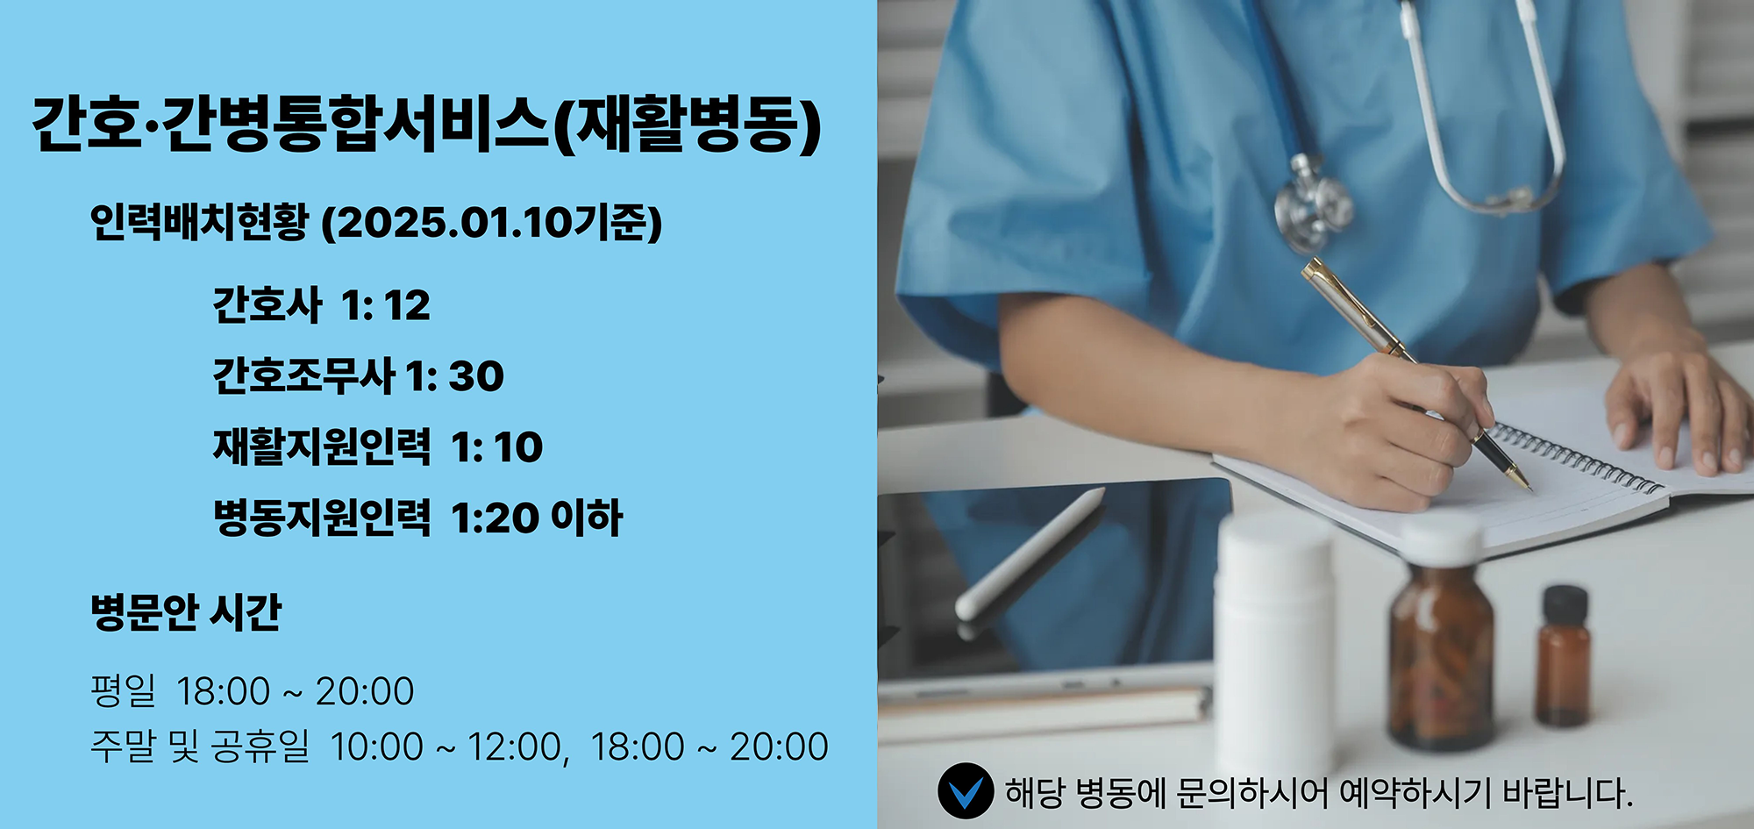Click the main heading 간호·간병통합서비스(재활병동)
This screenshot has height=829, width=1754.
[x=426, y=125]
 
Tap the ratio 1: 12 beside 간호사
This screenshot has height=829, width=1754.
[x=386, y=305]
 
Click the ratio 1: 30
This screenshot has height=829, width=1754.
[x=454, y=376]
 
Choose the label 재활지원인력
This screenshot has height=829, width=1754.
[x=322, y=447]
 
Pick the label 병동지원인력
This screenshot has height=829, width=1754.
[x=322, y=518]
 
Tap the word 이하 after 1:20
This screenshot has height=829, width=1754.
[x=587, y=518]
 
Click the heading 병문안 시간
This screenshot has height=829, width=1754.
[x=186, y=612]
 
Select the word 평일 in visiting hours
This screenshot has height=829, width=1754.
[x=123, y=691]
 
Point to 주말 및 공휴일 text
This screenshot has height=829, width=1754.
[x=200, y=747]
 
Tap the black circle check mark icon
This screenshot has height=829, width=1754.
[x=966, y=791]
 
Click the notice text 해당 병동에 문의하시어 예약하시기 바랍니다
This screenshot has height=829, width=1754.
[x=1318, y=793]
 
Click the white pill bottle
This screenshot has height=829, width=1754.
[x=1273, y=645]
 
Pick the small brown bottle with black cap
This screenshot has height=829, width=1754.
[x=1564, y=655]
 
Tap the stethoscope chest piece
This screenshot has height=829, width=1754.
[x=1312, y=205]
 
